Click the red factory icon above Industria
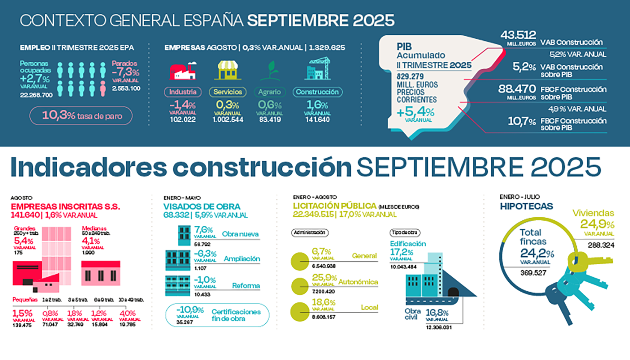[x=183, y=71]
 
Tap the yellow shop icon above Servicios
[x=228, y=71]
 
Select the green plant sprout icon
[x=270, y=71]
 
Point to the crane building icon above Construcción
[x=317, y=69]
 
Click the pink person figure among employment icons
[x=103, y=88]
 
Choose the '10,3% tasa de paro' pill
[x=81, y=116]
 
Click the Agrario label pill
[x=270, y=92]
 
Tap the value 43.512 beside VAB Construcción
[x=518, y=35]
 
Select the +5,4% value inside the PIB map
[x=415, y=112]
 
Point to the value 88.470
[x=517, y=89]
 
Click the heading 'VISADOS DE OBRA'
[x=202, y=207]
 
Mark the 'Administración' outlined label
[x=310, y=233]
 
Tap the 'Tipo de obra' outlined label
[x=405, y=233]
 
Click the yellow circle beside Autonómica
[x=300, y=286]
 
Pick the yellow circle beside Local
[x=300, y=311]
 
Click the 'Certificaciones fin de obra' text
[x=236, y=315]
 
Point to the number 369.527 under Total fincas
[x=533, y=273]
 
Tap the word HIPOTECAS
[x=526, y=206]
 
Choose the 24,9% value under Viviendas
[x=597, y=224]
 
